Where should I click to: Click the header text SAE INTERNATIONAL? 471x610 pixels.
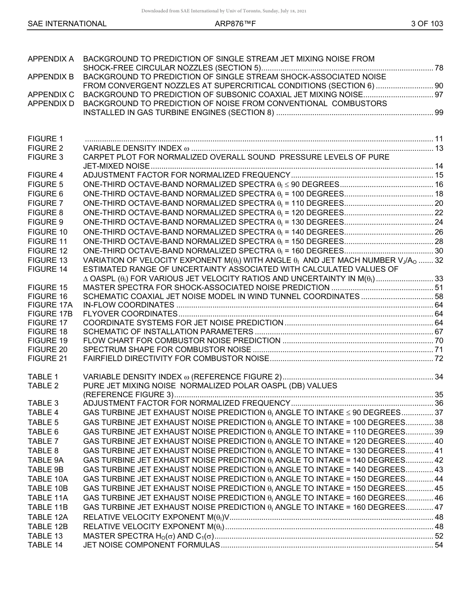[67, 23]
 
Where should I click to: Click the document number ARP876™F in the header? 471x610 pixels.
[235, 23]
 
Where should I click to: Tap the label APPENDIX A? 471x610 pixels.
[51, 59]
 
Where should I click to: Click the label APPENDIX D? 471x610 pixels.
[51, 104]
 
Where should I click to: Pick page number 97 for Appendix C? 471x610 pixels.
[439, 95]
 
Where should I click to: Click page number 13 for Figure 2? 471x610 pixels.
[439, 148]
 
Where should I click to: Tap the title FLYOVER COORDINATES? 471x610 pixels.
[130, 314]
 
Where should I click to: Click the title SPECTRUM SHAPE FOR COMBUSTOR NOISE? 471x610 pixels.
[167, 350]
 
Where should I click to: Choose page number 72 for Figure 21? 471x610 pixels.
[439, 359]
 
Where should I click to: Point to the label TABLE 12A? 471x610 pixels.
[48, 517]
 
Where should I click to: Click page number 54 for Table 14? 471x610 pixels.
[439, 545]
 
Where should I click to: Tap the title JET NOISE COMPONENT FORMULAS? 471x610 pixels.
[151, 545]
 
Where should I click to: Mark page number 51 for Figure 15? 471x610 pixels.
[439, 287]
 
